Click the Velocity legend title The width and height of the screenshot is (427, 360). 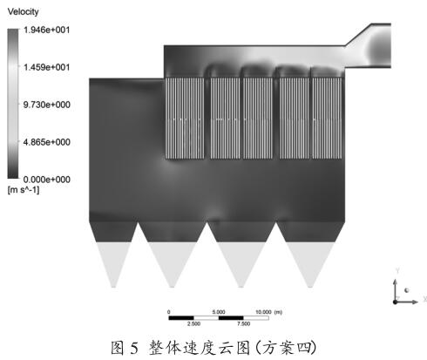coord(23,11)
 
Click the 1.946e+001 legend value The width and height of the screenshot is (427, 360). coord(46,30)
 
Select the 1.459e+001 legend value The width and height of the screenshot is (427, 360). coord(46,67)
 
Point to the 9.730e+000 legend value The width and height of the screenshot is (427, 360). coord(46,105)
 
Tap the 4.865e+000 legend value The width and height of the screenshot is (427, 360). coord(46,142)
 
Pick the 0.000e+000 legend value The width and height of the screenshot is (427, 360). coord(46,180)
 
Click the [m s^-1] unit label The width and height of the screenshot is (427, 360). coord(24,190)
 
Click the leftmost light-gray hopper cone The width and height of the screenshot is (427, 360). coord(113,262)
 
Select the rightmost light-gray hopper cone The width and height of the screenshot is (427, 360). coord(310,262)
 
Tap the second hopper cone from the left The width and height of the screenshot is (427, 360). coord(172,262)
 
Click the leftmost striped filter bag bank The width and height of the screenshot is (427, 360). coord(185,119)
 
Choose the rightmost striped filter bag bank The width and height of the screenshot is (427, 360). coord(327,119)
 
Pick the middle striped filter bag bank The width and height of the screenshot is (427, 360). coord(258,119)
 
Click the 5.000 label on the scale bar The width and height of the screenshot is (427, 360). coord(219,312)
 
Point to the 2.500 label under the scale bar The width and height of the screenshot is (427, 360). coord(193,323)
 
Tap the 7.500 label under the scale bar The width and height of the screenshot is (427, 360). coord(243,323)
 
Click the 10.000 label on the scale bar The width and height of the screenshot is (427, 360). coord(263,312)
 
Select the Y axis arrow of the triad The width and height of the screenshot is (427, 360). coord(395,290)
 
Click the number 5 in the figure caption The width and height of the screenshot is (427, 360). coord(134,348)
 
